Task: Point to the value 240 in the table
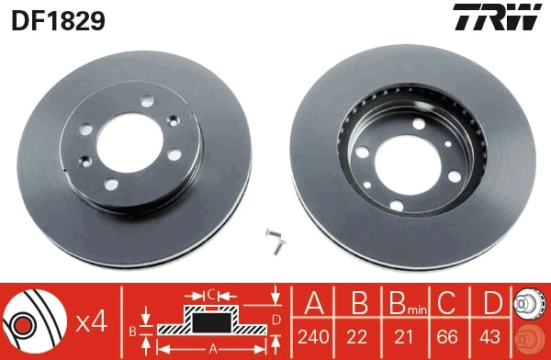(x=314, y=335)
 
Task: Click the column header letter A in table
(x=314, y=302)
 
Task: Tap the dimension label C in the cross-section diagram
(x=210, y=295)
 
